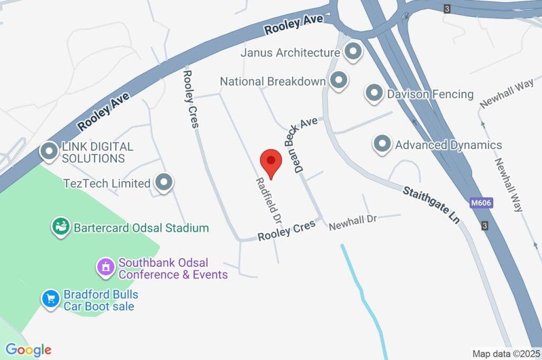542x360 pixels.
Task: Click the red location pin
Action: (x=271, y=162)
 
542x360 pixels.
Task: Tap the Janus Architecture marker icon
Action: (x=352, y=52)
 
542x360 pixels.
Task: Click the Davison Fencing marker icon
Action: (x=374, y=94)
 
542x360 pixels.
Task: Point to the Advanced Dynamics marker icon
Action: (x=382, y=145)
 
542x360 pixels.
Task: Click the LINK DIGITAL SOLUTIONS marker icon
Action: (x=49, y=151)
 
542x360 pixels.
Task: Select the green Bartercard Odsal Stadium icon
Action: (x=60, y=228)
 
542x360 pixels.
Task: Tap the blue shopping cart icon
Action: (x=51, y=299)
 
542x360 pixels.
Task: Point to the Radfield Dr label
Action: (x=268, y=200)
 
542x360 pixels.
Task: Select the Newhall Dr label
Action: (x=352, y=222)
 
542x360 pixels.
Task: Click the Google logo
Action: (x=29, y=349)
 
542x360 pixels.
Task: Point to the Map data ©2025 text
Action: (x=506, y=353)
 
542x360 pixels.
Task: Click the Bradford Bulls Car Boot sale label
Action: (x=101, y=300)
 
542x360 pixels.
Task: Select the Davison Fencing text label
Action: (x=430, y=94)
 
